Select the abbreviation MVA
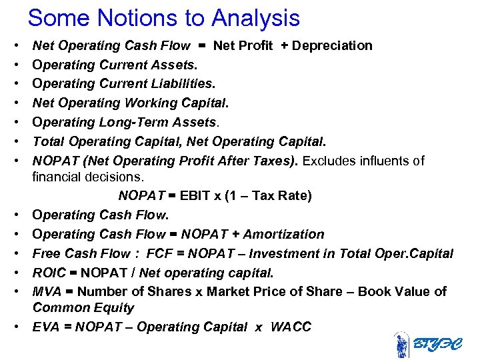click(x=46, y=292)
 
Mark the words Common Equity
click(x=83, y=308)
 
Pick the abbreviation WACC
click(x=291, y=327)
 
